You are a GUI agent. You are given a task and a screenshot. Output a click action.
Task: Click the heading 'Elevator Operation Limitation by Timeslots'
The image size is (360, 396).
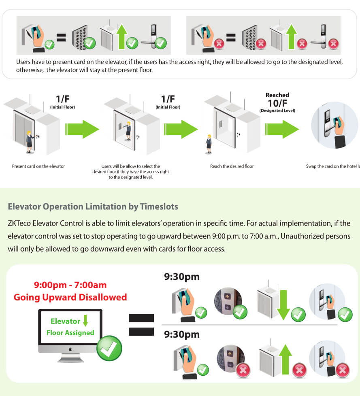(93, 207)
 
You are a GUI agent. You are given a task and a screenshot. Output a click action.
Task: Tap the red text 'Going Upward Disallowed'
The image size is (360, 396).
(70, 297)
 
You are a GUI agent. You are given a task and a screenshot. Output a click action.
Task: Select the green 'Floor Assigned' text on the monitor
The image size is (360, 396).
(70, 333)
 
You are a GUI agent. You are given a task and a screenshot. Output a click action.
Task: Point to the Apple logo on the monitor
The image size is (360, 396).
(70, 348)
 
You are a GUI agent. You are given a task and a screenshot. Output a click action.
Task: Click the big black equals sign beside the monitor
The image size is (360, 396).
(141, 325)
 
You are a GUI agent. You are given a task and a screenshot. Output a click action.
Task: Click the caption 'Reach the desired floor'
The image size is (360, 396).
(232, 166)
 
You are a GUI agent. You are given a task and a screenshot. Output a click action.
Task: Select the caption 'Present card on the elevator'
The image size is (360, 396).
(38, 166)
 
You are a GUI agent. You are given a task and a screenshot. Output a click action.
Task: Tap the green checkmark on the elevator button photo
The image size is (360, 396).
(241, 312)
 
